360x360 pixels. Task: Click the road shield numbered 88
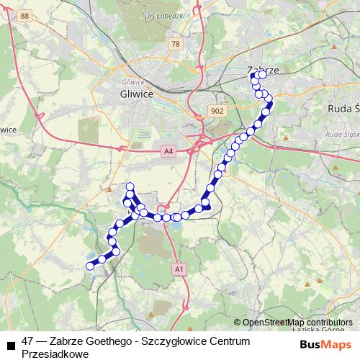point(26,15)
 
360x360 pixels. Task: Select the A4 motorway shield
point(168,151)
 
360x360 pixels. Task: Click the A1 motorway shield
point(179,269)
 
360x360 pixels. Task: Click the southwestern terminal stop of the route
point(90,266)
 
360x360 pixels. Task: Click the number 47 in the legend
point(28,340)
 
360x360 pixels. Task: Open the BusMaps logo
point(326,345)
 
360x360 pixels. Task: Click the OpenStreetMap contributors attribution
point(297,323)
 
